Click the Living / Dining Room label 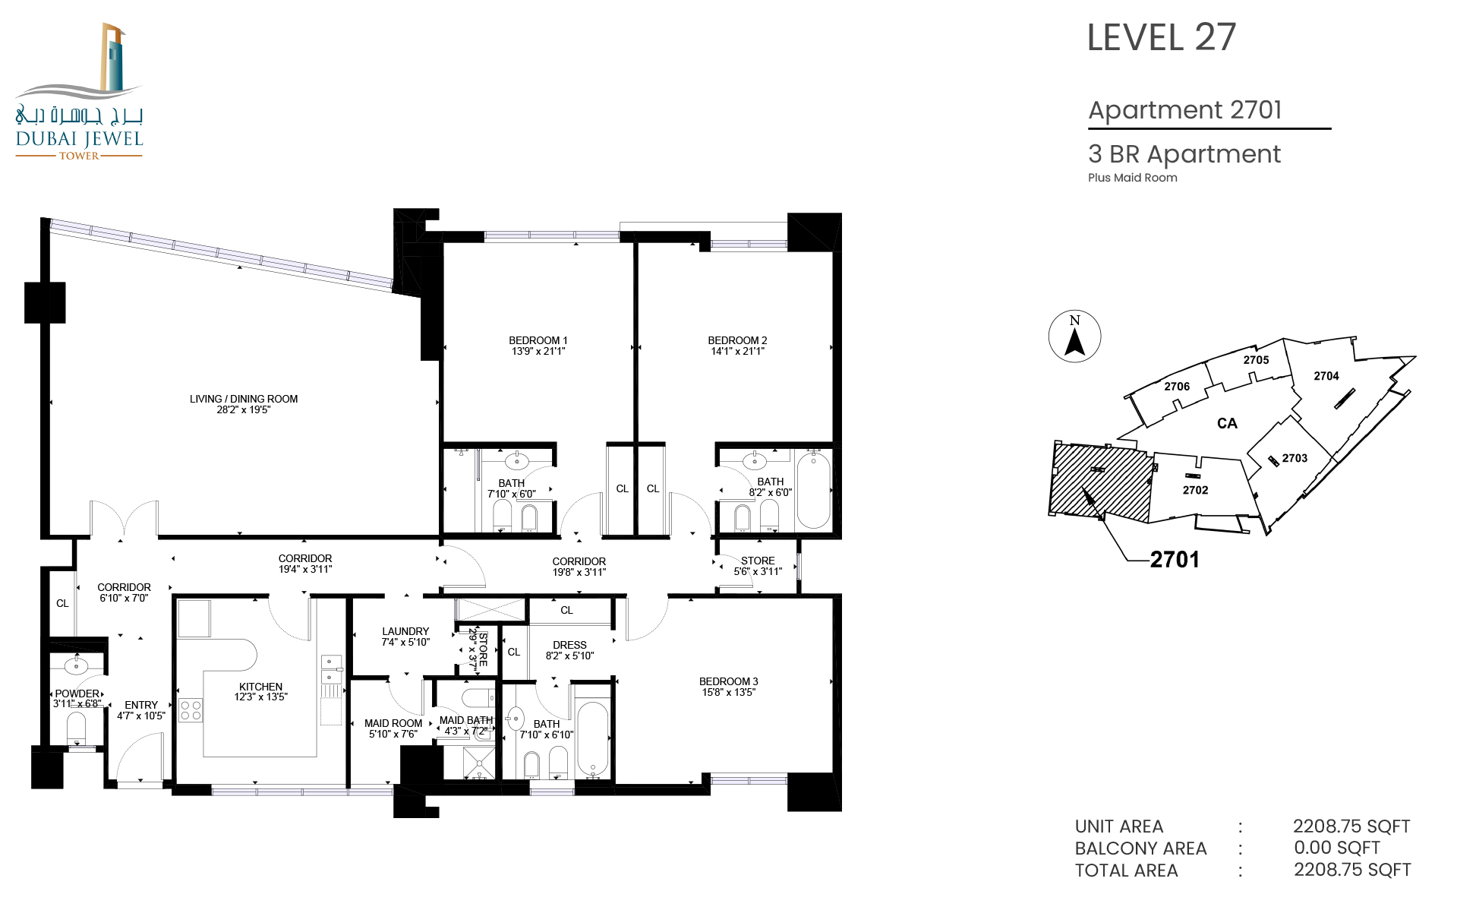(x=244, y=399)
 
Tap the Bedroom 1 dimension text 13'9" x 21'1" (x=538, y=351)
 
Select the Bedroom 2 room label (x=737, y=340)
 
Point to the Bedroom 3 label (x=728, y=681)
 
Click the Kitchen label (x=260, y=687)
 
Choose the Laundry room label (x=405, y=631)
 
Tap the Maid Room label (x=393, y=723)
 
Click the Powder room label (x=77, y=694)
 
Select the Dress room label (x=569, y=645)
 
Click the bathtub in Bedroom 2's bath (x=813, y=490)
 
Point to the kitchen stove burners (x=191, y=710)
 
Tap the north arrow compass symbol (x=1074, y=337)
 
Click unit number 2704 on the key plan (x=1326, y=376)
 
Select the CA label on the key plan (x=1227, y=423)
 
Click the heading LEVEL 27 (x=1162, y=37)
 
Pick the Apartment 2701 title (x=1185, y=110)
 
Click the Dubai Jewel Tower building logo (x=80, y=91)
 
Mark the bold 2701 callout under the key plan (x=1175, y=560)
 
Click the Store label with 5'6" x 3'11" (x=758, y=561)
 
